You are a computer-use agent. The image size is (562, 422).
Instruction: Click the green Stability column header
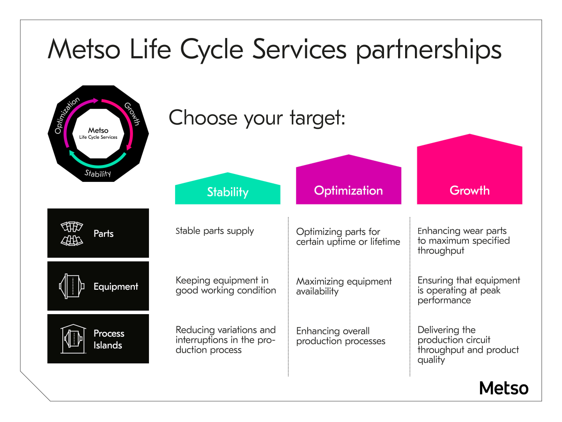click(x=228, y=192)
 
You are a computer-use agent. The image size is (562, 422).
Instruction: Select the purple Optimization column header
click(x=348, y=190)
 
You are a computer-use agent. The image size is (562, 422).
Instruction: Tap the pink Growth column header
click(x=469, y=190)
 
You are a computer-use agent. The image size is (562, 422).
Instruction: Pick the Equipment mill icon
click(x=72, y=286)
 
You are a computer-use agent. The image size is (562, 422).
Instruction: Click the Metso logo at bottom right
click(x=503, y=388)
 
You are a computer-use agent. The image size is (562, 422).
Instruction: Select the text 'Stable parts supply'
click(x=214, y=231)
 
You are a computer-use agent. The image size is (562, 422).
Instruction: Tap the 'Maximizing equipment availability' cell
click(x=344, y=286)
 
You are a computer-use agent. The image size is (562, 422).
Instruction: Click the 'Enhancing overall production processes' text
click(x=340, y=336)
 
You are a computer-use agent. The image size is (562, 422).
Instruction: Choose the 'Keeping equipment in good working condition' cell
click(x=226, y=286)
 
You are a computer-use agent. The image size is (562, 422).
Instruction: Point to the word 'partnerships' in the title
click(x=429, y=50)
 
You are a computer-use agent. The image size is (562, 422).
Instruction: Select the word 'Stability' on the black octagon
click(x=98, y=173)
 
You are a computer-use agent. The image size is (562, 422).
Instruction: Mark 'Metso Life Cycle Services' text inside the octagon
click(x=98, y=134)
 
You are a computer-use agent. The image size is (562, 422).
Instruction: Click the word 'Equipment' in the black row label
click(x=116, y=286)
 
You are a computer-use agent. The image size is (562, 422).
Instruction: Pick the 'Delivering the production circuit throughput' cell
click(x=468, y=345)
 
